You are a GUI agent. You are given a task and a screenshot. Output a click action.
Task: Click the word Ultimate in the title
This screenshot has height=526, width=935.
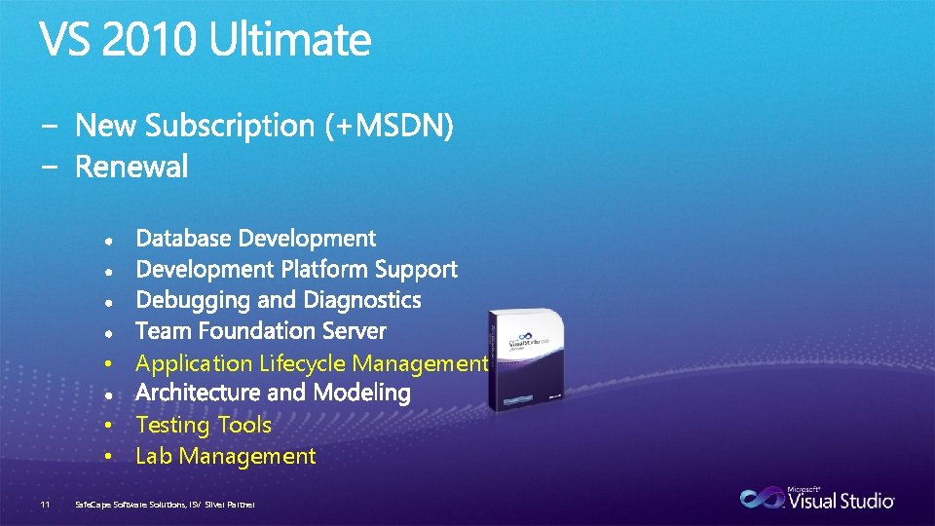[x=290, y=41]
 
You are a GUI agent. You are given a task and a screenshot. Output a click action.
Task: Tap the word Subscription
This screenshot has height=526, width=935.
[x=232, y=127]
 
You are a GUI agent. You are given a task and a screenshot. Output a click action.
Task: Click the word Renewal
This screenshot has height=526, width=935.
[x=131, y=168]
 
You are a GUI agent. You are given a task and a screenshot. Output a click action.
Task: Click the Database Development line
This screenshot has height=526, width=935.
[x=255, y=239]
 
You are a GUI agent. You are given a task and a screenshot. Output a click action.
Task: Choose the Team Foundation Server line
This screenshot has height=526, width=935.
[x=261, y=331]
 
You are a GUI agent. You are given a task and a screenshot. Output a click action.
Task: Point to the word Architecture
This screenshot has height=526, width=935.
[x=198, y=394]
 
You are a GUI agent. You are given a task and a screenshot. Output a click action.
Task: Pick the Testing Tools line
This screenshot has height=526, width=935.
[x=204, y=425]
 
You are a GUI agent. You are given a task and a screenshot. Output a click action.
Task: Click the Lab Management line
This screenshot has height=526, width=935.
[x=226, y=456]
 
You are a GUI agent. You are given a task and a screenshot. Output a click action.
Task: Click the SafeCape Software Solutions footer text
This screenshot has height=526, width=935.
[x=165, y=504]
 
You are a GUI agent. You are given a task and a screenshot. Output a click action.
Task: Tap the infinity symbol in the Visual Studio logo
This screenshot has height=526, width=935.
[x=762, y=499]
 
